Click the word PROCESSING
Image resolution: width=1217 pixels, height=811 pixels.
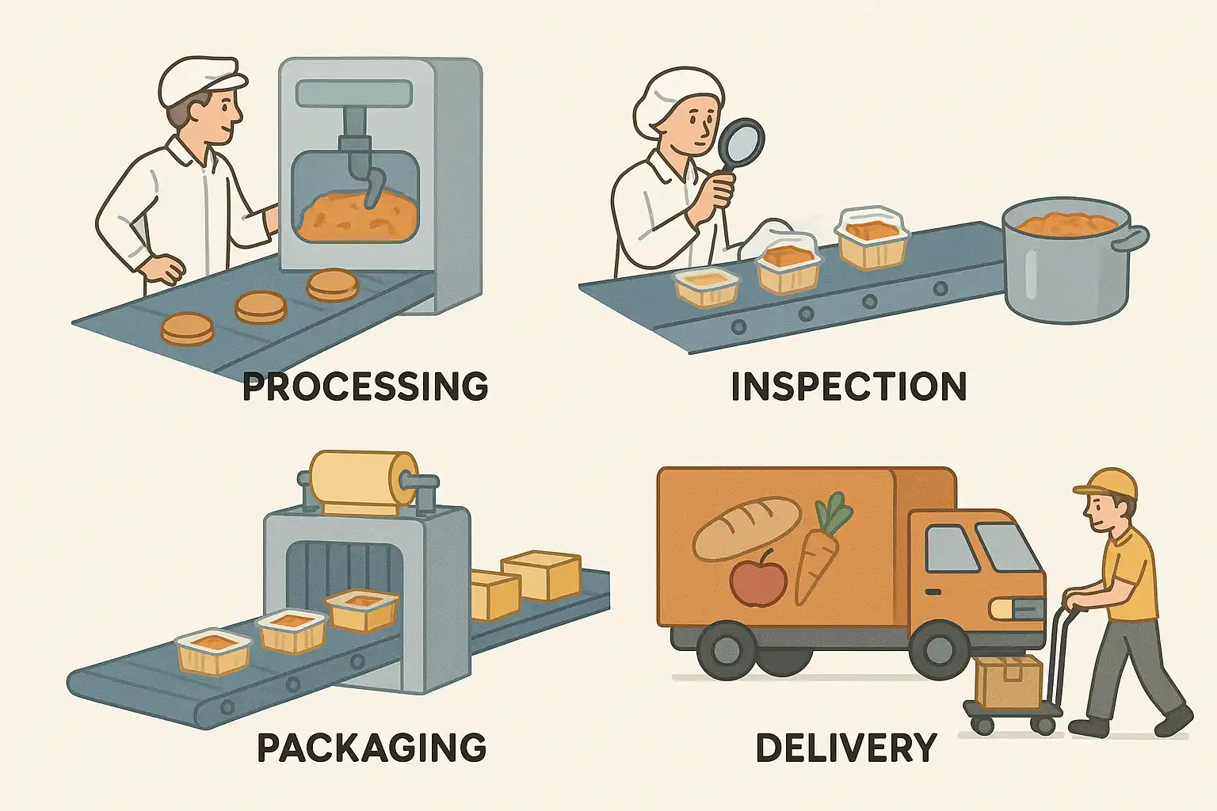[x=364, y=386]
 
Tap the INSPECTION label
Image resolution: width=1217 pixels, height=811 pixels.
[x=848, y=386]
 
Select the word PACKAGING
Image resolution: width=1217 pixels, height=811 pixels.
[x=372, y=747]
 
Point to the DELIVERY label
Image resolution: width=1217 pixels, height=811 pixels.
[x=845, y=748]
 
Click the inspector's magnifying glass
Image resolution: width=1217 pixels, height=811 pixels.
[x=740, y=143]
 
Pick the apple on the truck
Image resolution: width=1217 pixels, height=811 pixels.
[x=758, y=578]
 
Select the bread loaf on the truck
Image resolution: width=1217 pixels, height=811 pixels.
[x=746, y=526]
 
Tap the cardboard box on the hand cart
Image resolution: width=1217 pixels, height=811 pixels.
[x=1008, y=682]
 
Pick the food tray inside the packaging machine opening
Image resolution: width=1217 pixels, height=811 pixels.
[x=362, y=611]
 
